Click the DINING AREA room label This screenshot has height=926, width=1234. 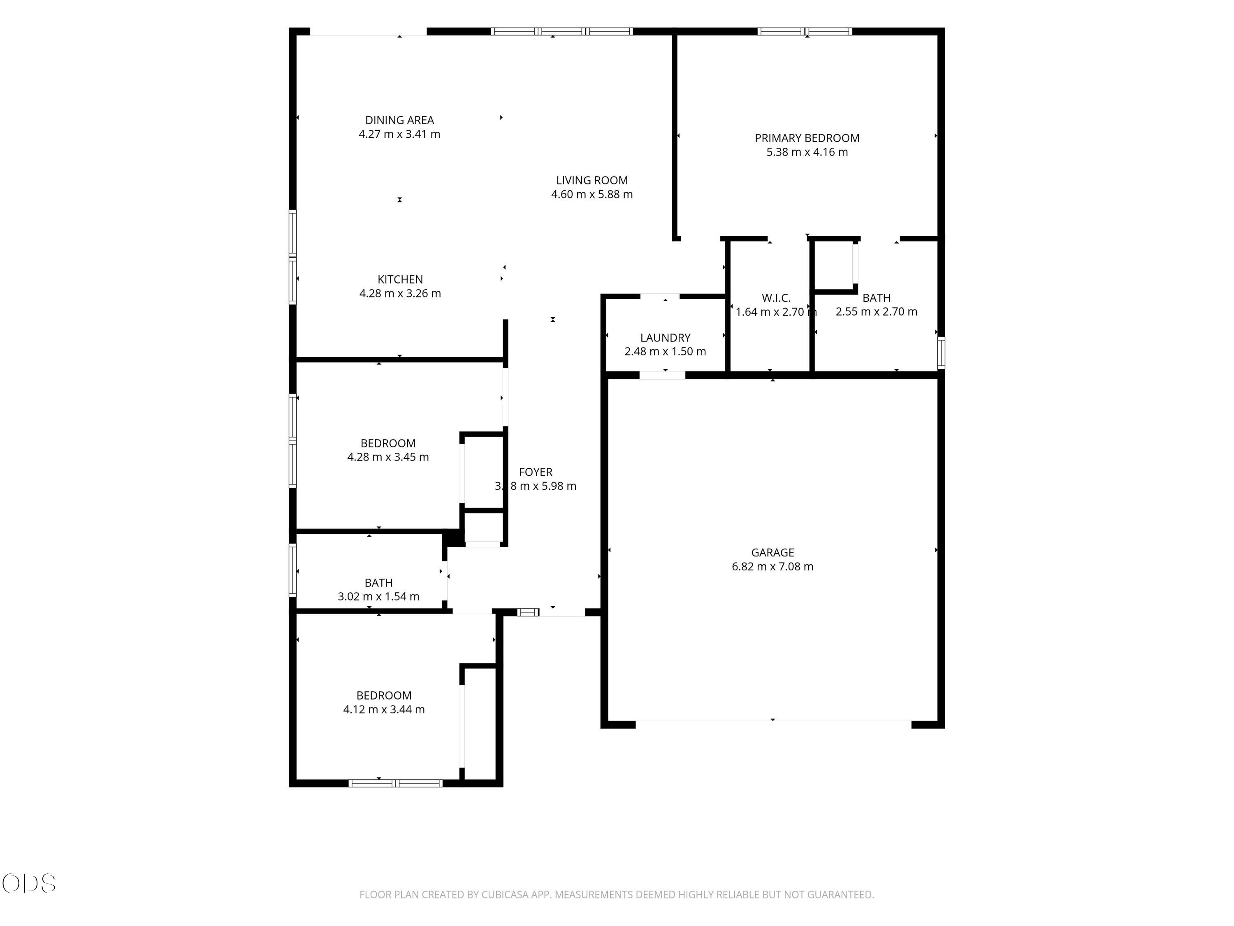[x=399, y=120]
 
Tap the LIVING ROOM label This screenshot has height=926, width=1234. [x=592, y=180]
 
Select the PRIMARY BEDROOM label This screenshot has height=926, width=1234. [x=807, y=138]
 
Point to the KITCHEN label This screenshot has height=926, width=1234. [x=400, y=279]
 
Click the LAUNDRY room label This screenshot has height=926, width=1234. [x=666, y=338]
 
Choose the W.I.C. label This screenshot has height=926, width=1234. [x=776, y=298]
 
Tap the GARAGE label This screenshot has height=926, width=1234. [x=772, y=553]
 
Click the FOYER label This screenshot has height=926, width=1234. [x=536, y=472]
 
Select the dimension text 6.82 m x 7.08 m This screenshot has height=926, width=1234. [x=772, y=567]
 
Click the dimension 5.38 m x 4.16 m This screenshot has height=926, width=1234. [x=807, y=152]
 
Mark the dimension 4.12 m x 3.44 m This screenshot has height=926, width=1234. [x=384, y=710]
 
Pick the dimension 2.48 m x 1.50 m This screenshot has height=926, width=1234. [x=665, y=351]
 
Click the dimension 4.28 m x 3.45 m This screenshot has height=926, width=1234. [x=388, y=457]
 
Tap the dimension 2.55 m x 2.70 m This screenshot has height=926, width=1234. [x=877, y=312]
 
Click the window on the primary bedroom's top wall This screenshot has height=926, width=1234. [x=805, y=31]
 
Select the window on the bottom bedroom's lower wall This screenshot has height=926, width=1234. [x=396, y=783]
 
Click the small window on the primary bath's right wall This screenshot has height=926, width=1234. [x=941, y=353]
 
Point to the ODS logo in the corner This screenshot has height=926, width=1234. [x=29, y=884]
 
